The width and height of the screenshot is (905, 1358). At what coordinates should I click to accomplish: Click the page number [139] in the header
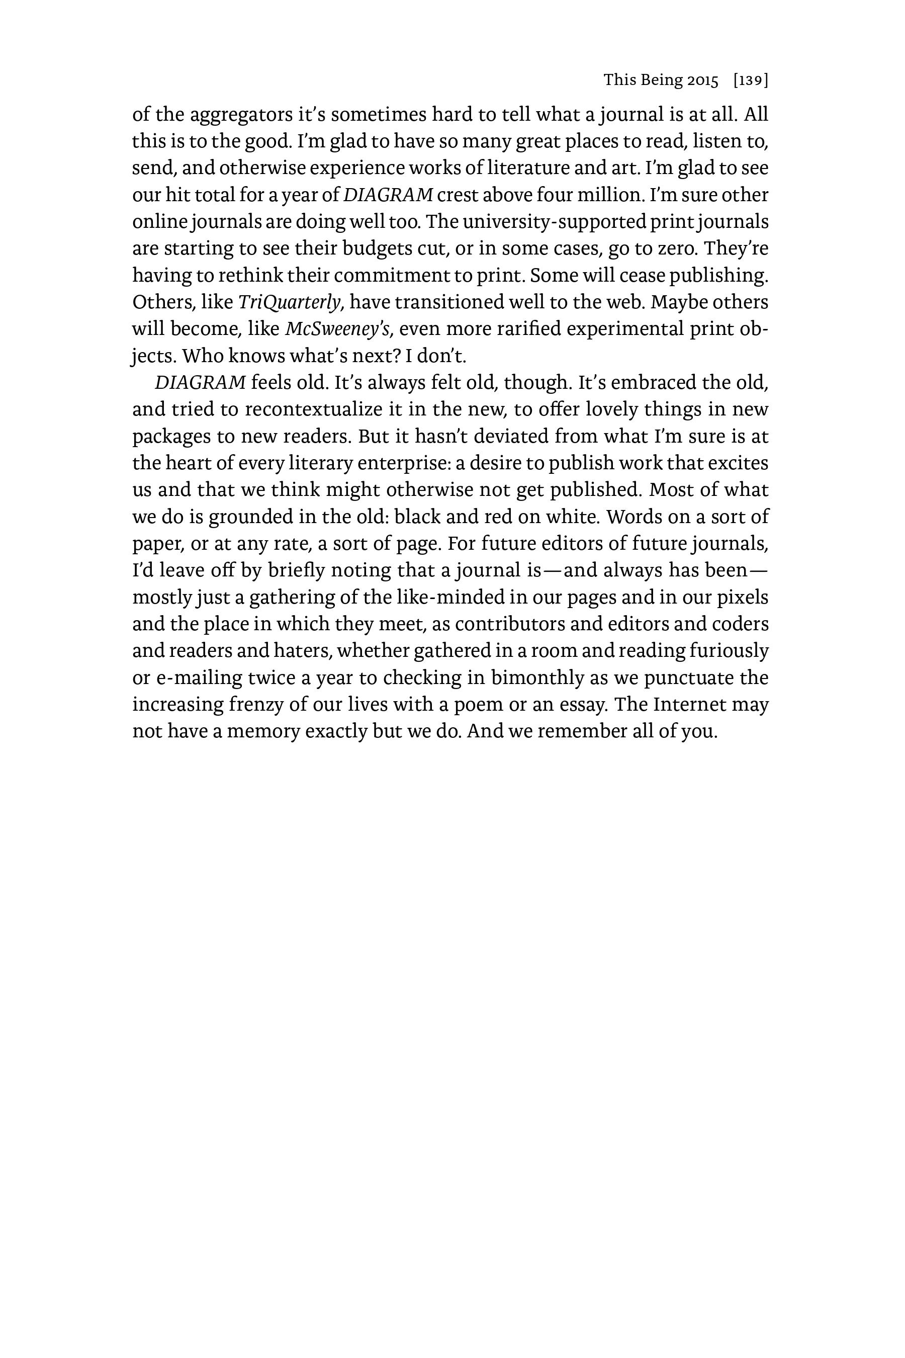click(750, 80)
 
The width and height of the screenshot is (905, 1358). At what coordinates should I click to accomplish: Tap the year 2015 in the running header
click(703, 80)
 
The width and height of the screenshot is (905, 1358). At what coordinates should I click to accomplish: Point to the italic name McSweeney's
click(338, 329)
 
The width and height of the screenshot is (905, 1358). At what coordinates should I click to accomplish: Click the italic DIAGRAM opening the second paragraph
click(200, 382)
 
